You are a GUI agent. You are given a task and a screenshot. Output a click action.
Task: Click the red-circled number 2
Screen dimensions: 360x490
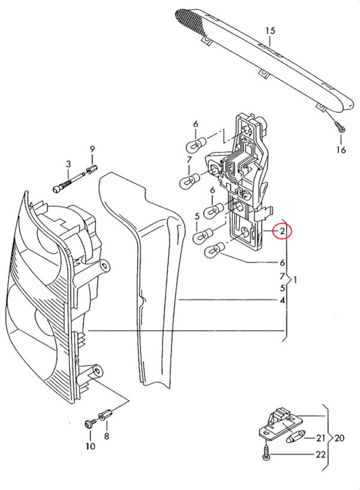click(282, 232)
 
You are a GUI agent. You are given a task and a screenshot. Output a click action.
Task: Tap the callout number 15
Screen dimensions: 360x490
click(271, 31)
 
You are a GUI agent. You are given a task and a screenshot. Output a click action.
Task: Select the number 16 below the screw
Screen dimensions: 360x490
click(341, 150)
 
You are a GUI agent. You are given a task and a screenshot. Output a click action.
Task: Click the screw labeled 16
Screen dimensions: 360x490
click(340, 127)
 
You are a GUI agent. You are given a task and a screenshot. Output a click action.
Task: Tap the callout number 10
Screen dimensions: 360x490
click(90, 446)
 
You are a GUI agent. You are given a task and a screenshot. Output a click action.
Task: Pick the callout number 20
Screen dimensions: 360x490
click(339, 438)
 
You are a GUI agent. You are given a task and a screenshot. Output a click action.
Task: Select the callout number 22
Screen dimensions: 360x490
click(320, 455)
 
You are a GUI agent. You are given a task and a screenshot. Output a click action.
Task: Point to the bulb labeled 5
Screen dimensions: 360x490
click(203, 237)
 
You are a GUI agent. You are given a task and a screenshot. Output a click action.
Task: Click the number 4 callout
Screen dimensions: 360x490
click(282, 301)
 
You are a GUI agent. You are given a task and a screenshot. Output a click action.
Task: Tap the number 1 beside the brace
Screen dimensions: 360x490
click(295, 280)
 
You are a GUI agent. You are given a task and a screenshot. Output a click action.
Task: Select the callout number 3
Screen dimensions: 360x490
click(68, 164)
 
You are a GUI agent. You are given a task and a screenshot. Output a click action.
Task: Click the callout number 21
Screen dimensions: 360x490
click(320, 438)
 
